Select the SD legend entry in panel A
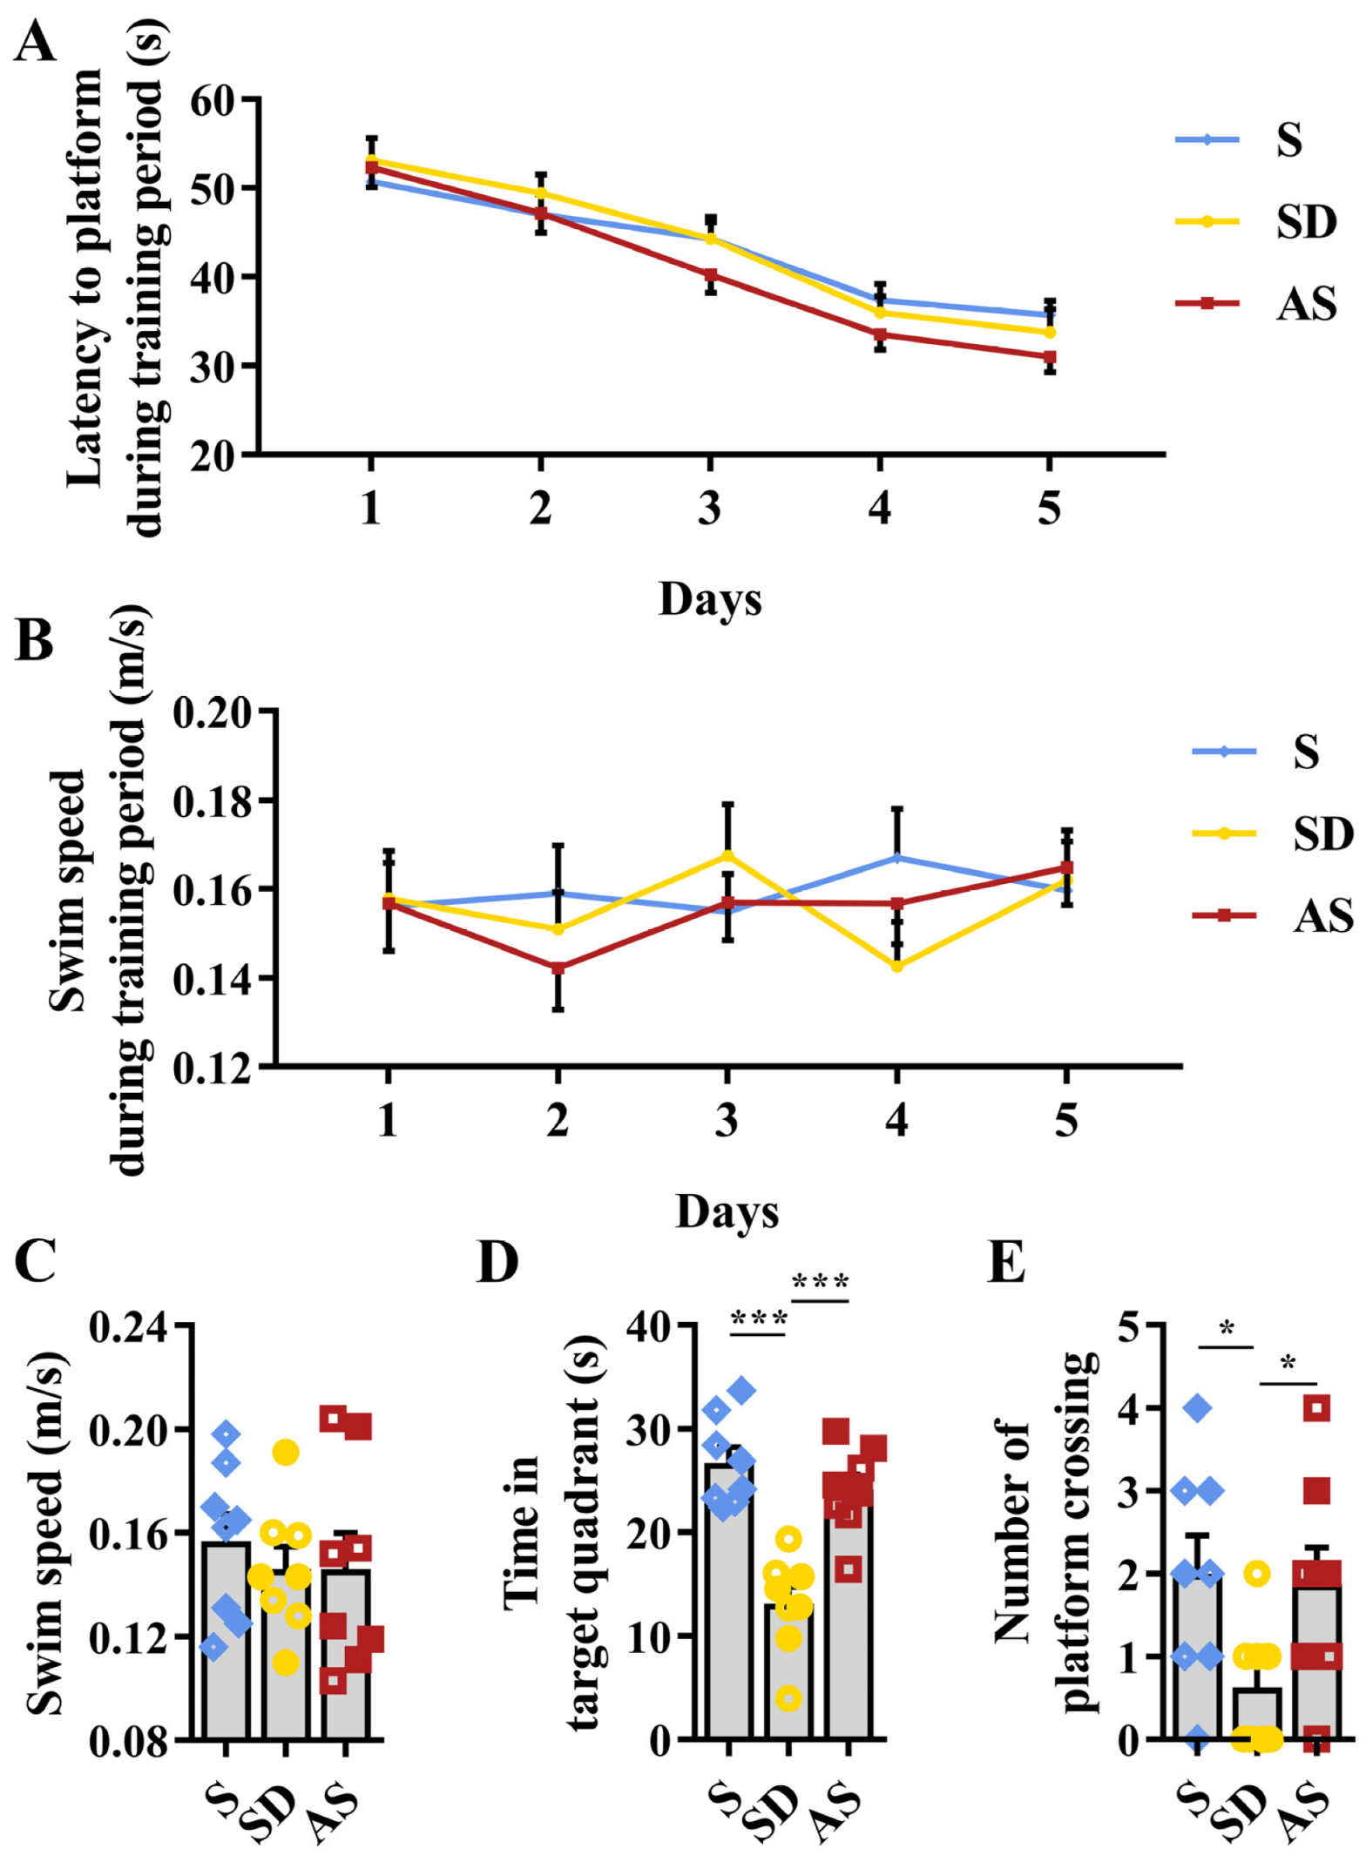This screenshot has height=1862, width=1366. tap(1305, 221)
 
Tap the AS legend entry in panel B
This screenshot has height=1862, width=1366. tap(1322, 915)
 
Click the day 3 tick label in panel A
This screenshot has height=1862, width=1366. tap(710, 508)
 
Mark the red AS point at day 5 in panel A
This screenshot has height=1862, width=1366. tap(1050, 356)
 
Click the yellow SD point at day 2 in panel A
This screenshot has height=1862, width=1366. tap(541, 193)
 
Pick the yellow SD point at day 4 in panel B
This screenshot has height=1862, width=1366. tap(896, 966)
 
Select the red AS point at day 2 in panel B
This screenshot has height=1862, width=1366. tap(558, 968)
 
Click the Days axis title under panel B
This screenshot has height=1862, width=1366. tap(727, 1211)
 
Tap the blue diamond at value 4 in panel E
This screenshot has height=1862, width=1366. tap(1198, 1407)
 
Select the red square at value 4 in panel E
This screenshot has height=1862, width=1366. tap(1316, 1407)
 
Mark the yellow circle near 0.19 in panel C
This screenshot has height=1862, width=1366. tap(286, 1452)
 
